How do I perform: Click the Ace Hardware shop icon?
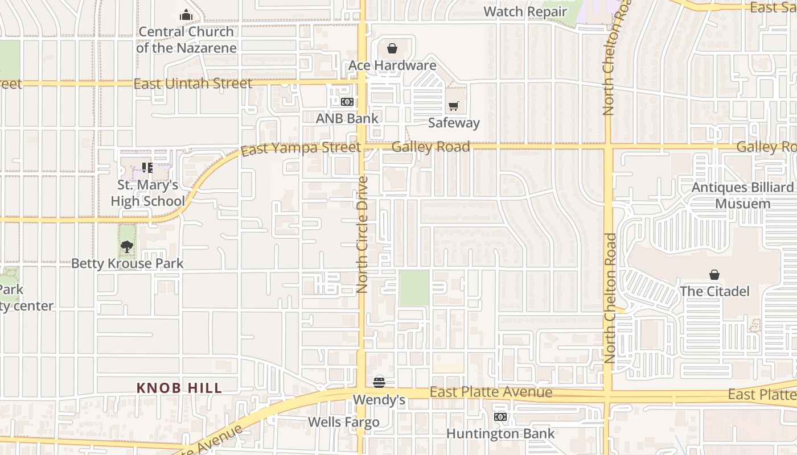tap(392, 49)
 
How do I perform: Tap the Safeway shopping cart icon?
tap(453, 106)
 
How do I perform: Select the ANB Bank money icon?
tap(347, 102)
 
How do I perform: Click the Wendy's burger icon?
tap(379, 382)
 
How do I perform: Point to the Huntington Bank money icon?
tap(500, 417)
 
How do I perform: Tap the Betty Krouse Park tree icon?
tap(127, 247)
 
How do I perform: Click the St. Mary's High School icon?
tap(147, 168)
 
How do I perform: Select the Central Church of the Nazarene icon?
tap(186, 15)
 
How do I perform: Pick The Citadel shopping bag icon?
tap(714, 275)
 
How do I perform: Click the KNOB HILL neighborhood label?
tap(179, 388)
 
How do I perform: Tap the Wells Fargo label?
tap(343, 422)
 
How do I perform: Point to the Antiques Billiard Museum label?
tap(742, 195)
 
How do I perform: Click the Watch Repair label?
tap(525, 11)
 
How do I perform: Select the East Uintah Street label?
tap(192, 84)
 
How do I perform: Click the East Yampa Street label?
tap(301, 149)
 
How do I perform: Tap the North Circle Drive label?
tap(363, 234)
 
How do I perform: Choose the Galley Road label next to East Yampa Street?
tap(430, 147)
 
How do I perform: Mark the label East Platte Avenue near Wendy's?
tap(491, 392)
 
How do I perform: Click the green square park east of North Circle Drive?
tap(414, 288)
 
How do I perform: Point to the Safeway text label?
tap(454, 122)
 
